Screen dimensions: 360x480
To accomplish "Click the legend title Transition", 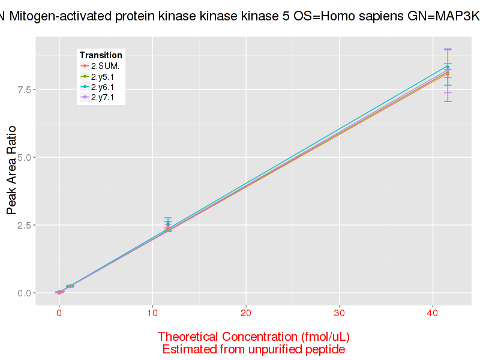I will [x=101, y=55].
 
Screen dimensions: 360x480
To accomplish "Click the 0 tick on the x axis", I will [x=59, y=314].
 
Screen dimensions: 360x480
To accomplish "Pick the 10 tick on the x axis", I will [x=152, y=314].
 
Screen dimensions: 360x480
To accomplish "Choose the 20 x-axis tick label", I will [x=246, y=314].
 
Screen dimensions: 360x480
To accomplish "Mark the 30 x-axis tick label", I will [x=340, y=314].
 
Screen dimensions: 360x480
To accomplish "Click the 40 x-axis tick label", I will [x=433, y=314].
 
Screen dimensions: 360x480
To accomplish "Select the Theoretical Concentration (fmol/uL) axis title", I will [x=254, y=337].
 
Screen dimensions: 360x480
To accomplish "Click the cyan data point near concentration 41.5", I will [x=448, y=67].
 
